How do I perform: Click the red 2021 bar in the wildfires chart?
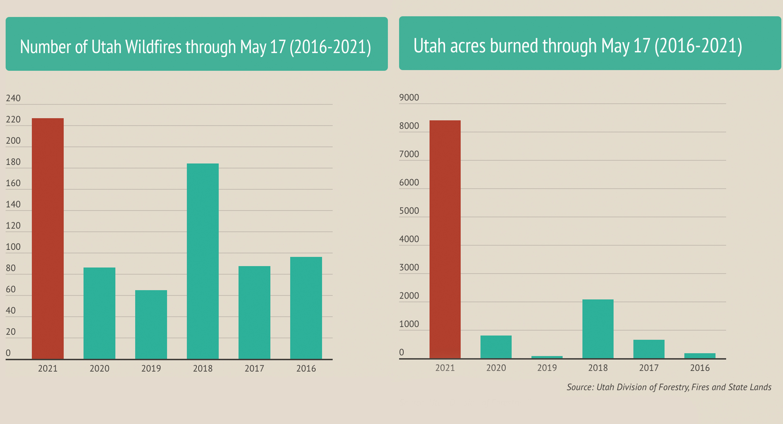48,239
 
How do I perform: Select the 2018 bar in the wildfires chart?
203,261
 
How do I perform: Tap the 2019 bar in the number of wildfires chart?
151,325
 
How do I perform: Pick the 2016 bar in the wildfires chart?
306,308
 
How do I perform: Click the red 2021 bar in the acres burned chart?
445,240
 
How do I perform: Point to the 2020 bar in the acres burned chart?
496,347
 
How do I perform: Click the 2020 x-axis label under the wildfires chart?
99,368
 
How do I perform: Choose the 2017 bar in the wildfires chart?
254,312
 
